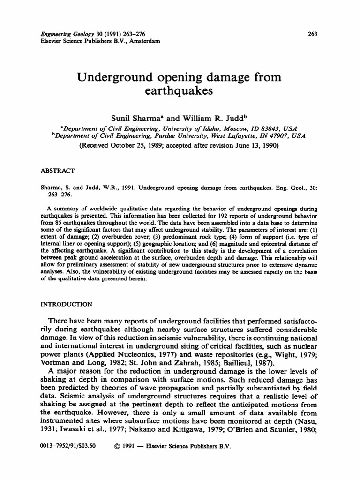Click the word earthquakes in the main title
[180, 90]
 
